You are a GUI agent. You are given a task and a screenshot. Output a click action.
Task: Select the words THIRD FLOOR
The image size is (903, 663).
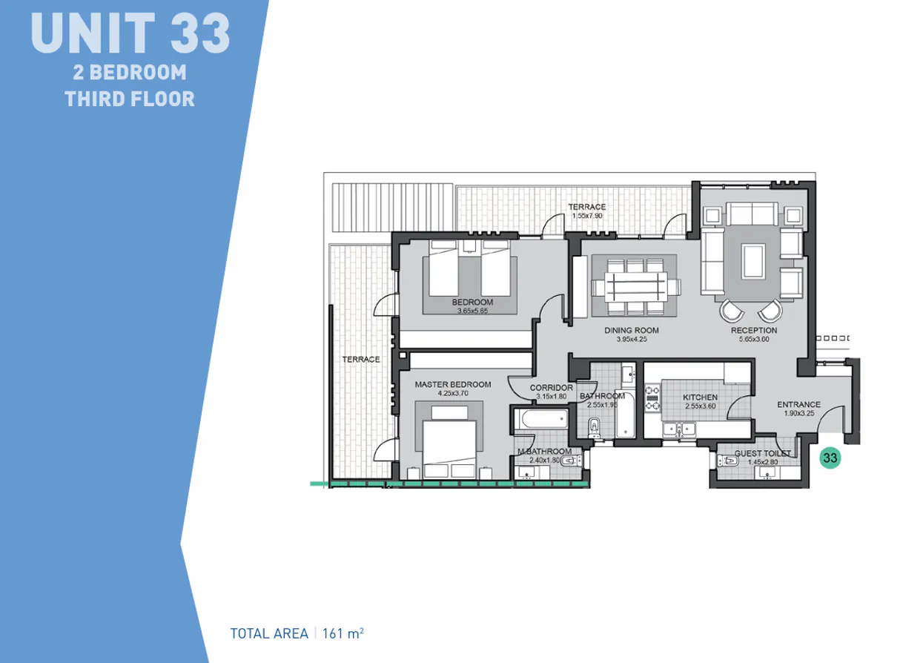pyautogui.click(x=130, y=98)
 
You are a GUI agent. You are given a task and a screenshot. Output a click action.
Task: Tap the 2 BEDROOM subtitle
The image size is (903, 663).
pyautogui.click(x=130, y=73)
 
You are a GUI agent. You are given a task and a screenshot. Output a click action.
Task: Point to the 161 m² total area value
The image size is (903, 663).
pyautogui.click(x=343, y=633)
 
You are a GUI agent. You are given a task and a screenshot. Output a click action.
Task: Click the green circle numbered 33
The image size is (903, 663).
pyautogui.click(x=830, y=458)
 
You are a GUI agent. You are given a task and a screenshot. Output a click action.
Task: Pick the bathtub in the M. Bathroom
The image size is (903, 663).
pyautogui.click(x=539, y=421)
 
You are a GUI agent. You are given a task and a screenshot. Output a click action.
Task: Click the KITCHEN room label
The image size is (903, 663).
pyautogui.click(x=700, y=398)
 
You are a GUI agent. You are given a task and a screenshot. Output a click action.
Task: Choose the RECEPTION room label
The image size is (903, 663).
pyautogui.click(x=753, y=330)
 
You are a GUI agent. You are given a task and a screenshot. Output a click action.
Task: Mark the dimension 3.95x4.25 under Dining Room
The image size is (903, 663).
pyautogui.click(x=632, y=340)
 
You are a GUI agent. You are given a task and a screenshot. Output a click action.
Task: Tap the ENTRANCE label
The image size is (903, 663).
pyautogui.click(x=798, y=404)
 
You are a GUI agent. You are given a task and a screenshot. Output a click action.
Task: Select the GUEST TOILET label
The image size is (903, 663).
pyautogui.click(x=762, y=453)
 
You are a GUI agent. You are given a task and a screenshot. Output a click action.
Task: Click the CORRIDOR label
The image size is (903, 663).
pyautogui.click(x=551, y=387)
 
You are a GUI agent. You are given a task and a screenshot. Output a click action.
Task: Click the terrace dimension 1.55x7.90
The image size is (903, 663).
pyautogui.click(x=586, y=216)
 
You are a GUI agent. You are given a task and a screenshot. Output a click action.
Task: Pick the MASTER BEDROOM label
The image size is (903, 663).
pyautogui.click(x=452, y=384)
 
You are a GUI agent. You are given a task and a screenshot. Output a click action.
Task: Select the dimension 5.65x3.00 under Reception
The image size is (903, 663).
pyautogui.click(x=753, y=340)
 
